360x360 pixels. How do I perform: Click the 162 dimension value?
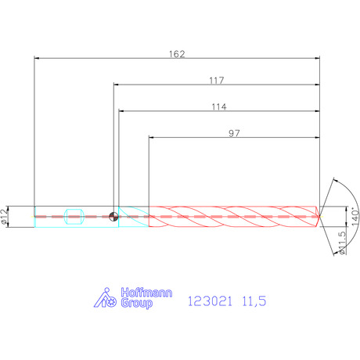pos(177,54)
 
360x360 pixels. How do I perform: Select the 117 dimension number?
pos(217,81)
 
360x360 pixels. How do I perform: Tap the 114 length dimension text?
pos(219,107)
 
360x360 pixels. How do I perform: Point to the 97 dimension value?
pos(234,133)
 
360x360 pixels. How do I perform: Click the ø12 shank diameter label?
pos(5,217)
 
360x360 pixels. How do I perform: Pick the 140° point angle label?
pos(355,217)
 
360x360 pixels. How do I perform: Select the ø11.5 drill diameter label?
pos(342,243)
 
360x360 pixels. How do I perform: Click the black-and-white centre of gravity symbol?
pos(113,216)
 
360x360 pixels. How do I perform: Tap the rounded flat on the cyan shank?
pos(74,217)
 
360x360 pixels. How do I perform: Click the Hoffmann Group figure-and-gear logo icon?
pos(105,298)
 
